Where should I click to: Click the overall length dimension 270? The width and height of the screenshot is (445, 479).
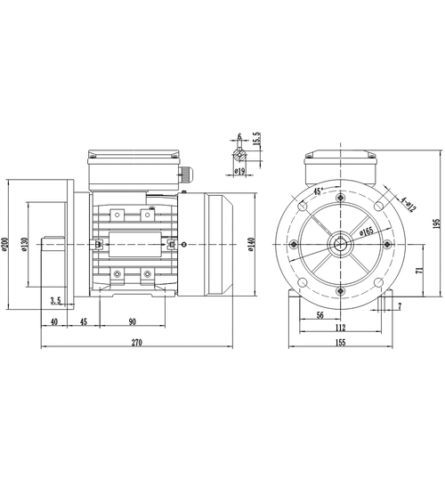pos(136,343)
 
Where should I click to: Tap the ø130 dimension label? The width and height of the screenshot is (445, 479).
pos(24,244)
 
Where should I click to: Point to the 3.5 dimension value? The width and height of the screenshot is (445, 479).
pos(55,301)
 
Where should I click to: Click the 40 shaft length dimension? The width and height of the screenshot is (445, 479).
pos(53,321)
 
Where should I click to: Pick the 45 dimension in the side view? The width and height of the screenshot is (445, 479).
pos(83,321)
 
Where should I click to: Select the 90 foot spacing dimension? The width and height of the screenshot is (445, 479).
pos(132,321)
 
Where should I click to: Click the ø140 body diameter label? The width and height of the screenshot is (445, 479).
pos(251,244)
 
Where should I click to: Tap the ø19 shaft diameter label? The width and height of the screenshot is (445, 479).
pos(240,171)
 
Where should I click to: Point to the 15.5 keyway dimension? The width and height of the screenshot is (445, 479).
pos(257,139)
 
